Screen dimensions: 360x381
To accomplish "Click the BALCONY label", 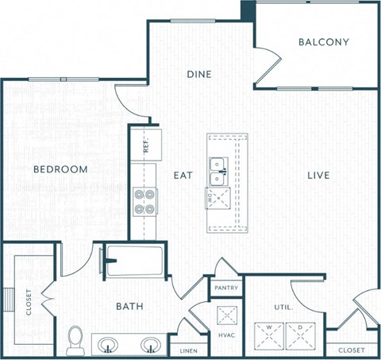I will click(x=324, y=42).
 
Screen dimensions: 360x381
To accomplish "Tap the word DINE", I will click(x=198, y=74).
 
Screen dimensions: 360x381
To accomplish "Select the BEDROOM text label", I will click(x=60, y=169).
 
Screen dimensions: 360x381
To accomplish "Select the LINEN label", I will click(x=188, y=350).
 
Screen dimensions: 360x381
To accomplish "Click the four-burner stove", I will click(x=144, y=202).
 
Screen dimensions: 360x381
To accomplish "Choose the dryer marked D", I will click(x=301, y=334).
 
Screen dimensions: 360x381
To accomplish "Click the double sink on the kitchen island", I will click(x=217, y=165).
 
